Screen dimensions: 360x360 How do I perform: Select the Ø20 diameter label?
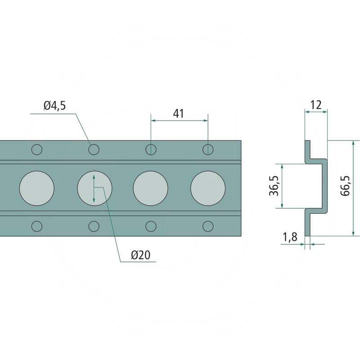click(x=140, y=255)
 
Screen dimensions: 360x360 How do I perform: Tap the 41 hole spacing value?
click(x=179, y=113)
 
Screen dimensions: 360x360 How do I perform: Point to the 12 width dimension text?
click(x=316, y=105)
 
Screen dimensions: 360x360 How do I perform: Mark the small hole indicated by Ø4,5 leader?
click(x=94, y=149)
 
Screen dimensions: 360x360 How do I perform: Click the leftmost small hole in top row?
click(x=37, y=149)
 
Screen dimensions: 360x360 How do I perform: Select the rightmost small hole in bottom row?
click(x=207, y=225)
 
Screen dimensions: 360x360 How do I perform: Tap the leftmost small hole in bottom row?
click(x=37, y=225)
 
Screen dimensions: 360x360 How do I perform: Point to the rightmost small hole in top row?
click(x=207, y=149)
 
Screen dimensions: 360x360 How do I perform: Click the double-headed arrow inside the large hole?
click(x=94, y=188)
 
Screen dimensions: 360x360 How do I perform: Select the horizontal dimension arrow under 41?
click(x=179, y=121)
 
